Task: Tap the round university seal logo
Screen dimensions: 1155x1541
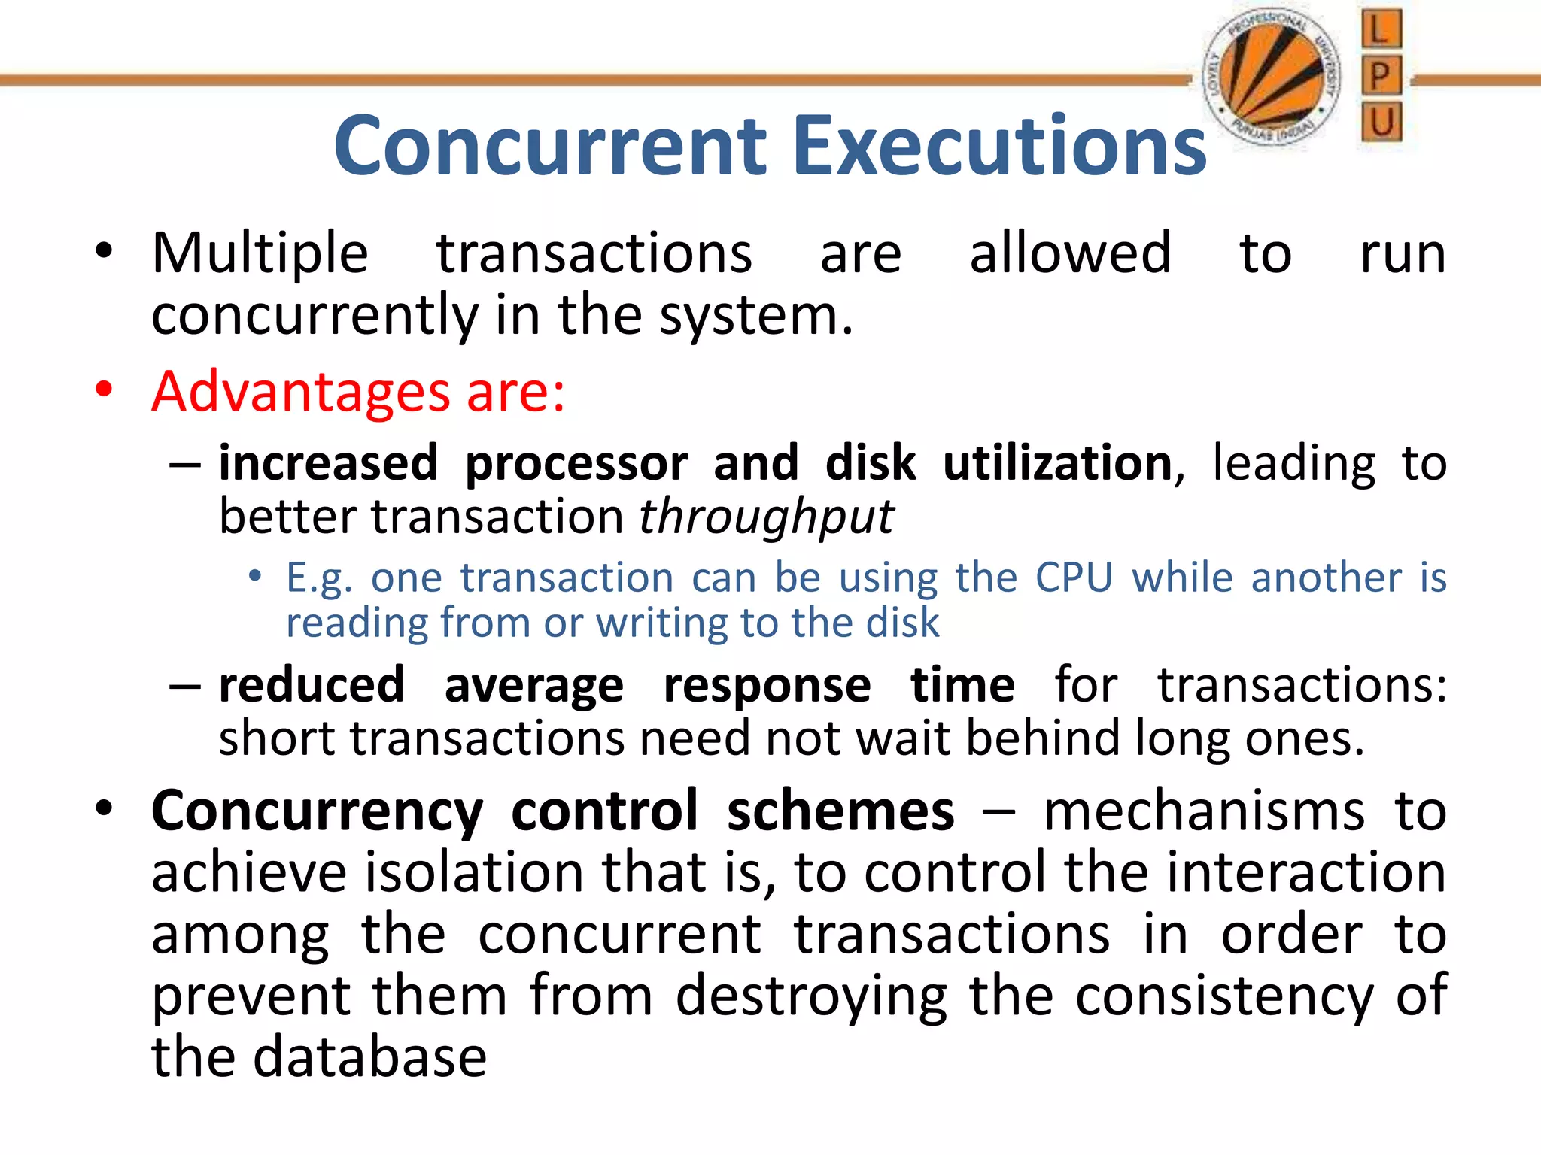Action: [x=1272, y=78]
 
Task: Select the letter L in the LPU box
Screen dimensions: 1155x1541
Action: [x=1381, y=31]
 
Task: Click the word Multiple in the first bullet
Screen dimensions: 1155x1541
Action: [x=260, y=254]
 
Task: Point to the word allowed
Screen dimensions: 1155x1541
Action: [x=1070, y=253]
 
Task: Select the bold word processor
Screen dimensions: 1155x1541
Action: [x=576, y=464]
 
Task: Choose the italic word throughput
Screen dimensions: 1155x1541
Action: [x=766, y=518]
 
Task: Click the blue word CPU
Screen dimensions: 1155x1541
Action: [x=1074, y=577]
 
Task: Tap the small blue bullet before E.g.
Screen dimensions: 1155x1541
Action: [x=255, y=577]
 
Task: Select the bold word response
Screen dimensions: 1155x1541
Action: [x=767, y=687]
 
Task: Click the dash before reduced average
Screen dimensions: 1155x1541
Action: [x=184, y=687]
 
